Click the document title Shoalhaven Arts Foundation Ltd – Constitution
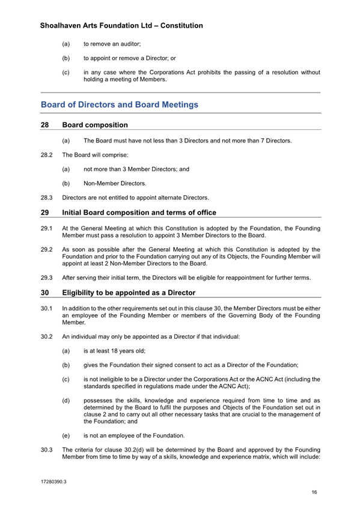121,26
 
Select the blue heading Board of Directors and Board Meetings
119,105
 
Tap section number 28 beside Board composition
44,125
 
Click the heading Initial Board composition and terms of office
139,212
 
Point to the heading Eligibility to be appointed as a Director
129,293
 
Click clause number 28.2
47,155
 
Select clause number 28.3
47,197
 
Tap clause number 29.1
47,228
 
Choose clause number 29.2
47,248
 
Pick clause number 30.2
47,336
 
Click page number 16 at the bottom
314,493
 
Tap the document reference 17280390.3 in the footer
53,482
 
